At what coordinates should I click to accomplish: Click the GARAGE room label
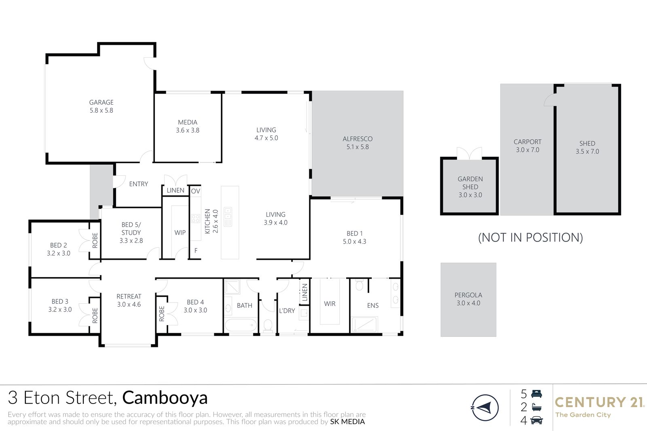pos(101,103)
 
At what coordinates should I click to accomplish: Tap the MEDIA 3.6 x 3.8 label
pos(188,126)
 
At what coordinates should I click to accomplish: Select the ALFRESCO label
pos(357,139)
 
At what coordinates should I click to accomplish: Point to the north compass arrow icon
pos(485,408)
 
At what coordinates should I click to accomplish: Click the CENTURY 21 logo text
pos(599,402)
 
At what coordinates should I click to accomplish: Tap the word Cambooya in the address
pos(165,398)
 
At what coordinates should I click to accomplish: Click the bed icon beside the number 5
pos(537,394)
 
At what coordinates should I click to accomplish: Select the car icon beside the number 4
pos(537,420)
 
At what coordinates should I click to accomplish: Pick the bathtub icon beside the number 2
pos(537,407)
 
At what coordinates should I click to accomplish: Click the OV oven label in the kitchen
pos(196,191)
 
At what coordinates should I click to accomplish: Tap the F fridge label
pos(196,250)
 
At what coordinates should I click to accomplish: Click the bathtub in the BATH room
pos(241,326)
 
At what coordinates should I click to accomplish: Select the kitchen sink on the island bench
pos(228,217)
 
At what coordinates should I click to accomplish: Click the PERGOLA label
pos(468,295)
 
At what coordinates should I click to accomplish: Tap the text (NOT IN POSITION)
pos(530,238)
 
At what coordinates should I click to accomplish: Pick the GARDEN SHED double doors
pos(469,153)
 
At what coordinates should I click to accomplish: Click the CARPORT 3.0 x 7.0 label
pos(527,146)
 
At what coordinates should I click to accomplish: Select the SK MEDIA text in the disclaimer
pos(347,422)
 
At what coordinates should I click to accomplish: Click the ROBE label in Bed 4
pos(162,313)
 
